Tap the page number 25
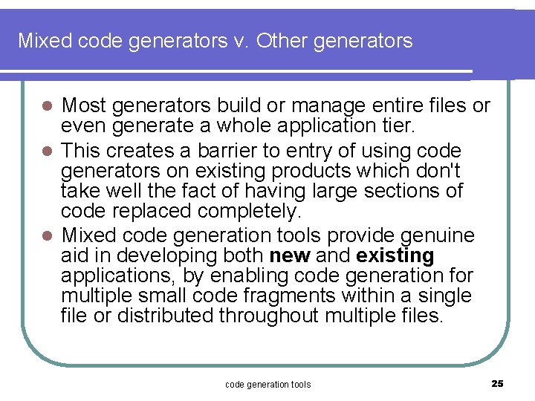point(498,383)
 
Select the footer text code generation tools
point(267,384)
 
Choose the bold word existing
point(395,256)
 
